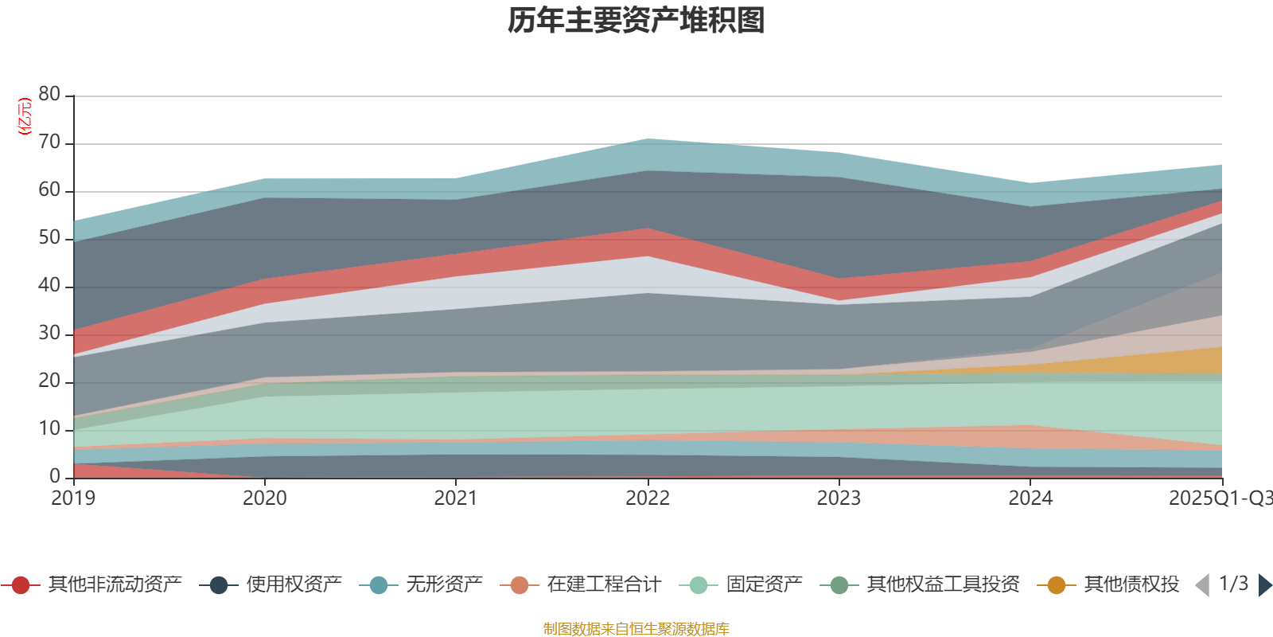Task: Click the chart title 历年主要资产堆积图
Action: pos(636,21)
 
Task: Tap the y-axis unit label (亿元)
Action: pos(25,116)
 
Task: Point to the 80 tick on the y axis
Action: pos(49,95)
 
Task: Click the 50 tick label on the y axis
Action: pos(49,238)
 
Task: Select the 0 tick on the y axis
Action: pos(55,476)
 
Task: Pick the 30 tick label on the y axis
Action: pos(49,334)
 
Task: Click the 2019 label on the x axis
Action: pos(73,498)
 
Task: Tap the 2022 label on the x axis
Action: pos(648,498)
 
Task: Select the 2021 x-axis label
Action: pos(456,498)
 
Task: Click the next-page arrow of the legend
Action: pos(1264,585)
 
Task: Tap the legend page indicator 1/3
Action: pos(1233,584)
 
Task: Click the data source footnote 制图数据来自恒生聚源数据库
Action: pos(636,629)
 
